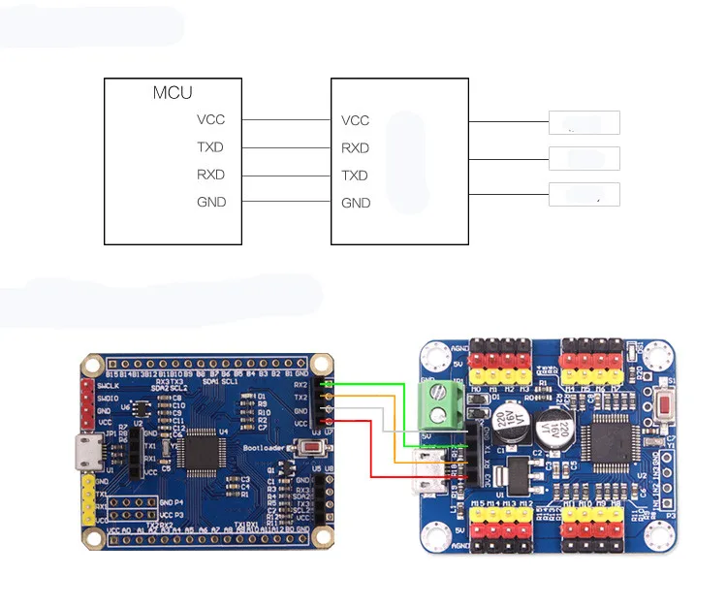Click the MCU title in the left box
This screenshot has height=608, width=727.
[173, 93]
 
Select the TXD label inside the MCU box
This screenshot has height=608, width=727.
[210, 147]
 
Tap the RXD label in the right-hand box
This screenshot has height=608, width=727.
[355, 148]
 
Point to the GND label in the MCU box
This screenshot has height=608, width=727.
[210, 202]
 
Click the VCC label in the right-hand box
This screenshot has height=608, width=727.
[355, 121]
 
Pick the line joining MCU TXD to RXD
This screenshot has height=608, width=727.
[287, 147]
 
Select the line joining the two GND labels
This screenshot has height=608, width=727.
[287, 202]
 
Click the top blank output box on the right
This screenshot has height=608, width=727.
[584, 122]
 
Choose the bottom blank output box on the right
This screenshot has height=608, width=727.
[584, 194]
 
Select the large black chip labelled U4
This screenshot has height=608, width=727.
[207, 451]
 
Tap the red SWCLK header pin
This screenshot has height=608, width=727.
[88, 386]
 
